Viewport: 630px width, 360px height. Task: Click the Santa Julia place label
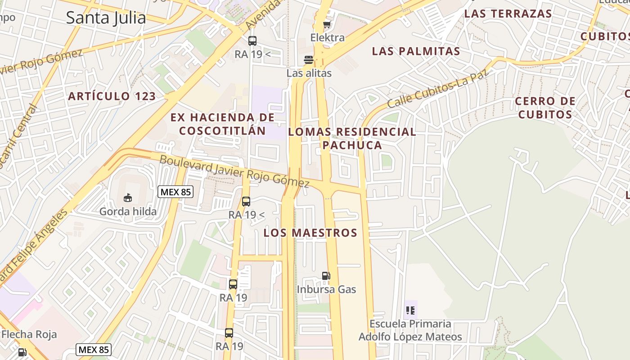pyautogui.click(x=106, y=18)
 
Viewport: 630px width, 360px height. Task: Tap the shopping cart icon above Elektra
pyautogui.click(x=327, y=24)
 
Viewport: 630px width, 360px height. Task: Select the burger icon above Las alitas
pyautogui.click(x=309, y=59)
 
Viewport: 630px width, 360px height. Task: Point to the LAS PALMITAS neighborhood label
pyautogui.click(x=416, y=51)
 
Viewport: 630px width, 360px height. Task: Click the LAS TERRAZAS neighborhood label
pyautogui.click(x=508, y=13)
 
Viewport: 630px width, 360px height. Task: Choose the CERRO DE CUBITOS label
pyautogui.click(x=545, y=108)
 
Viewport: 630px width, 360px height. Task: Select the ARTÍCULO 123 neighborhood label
pyautogui.click(x=112, y=96)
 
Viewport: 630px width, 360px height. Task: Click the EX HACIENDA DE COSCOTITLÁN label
pyautogui.click(x=222, y=124)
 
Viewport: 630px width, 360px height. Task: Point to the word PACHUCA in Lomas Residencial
pyautogui.click(x=352, y=145)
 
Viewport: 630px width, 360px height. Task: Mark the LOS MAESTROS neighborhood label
pyautogui.click(x=310, y=233)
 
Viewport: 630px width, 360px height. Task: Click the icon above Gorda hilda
pyautogui.click(x=128, y=198)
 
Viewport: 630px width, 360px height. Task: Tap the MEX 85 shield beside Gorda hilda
pyautogui.click(x=175, y=192)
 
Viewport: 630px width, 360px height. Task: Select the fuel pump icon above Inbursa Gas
pyautogui.click(x=326, y=276)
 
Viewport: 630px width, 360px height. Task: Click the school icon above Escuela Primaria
pyautogui.click(x=410, y=310)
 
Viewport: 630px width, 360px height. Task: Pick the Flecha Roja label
pyautogui.click(x=29, y=334)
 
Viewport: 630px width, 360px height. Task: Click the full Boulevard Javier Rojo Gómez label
pyautogui.click(x=234, y=171)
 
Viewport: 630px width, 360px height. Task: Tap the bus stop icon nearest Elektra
pyautogui.click(x=252, y=41)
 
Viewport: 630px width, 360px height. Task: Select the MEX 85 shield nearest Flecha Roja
pyautogui.click(x=93, y=349)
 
